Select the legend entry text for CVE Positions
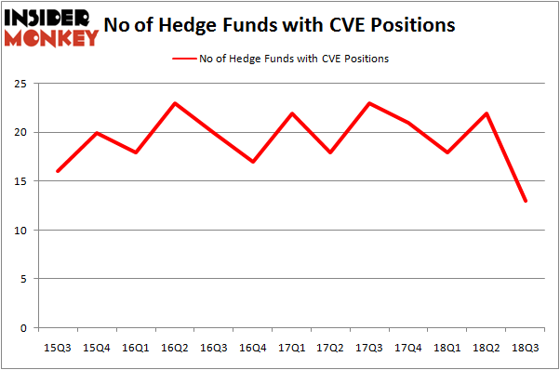coord(293,59)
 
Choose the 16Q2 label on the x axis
coord(174,347)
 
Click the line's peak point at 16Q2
coord(174,103)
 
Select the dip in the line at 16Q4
coord(253,162)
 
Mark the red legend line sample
coord(183,59)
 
